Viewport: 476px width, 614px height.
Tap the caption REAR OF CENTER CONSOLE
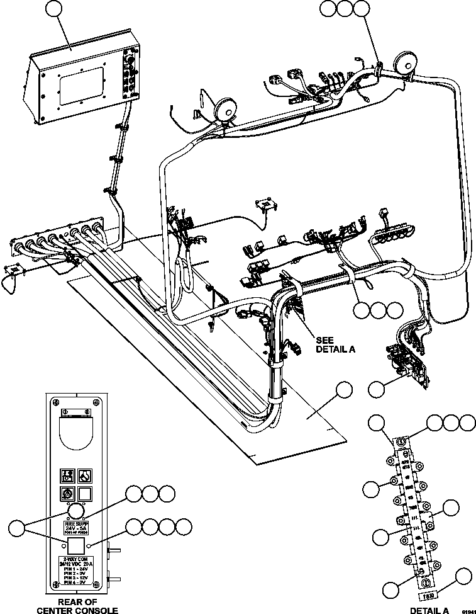[x=79, y=606]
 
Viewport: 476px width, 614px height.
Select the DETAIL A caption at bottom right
[x=429, y=610]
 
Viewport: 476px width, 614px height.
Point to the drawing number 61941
[x=466, y=610]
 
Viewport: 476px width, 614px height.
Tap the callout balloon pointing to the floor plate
[x=343, y=390]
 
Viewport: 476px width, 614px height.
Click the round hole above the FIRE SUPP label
[x=75, y=510]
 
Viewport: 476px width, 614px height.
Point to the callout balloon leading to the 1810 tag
[x=463, y=576]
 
